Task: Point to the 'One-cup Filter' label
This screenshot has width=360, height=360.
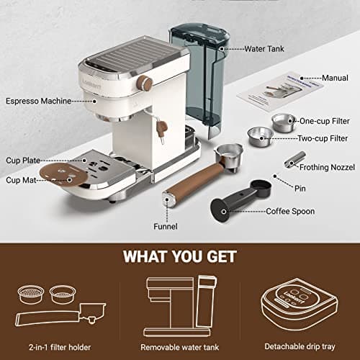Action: click(325, 121)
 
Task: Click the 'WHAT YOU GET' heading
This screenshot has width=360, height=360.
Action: click(180, 256)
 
